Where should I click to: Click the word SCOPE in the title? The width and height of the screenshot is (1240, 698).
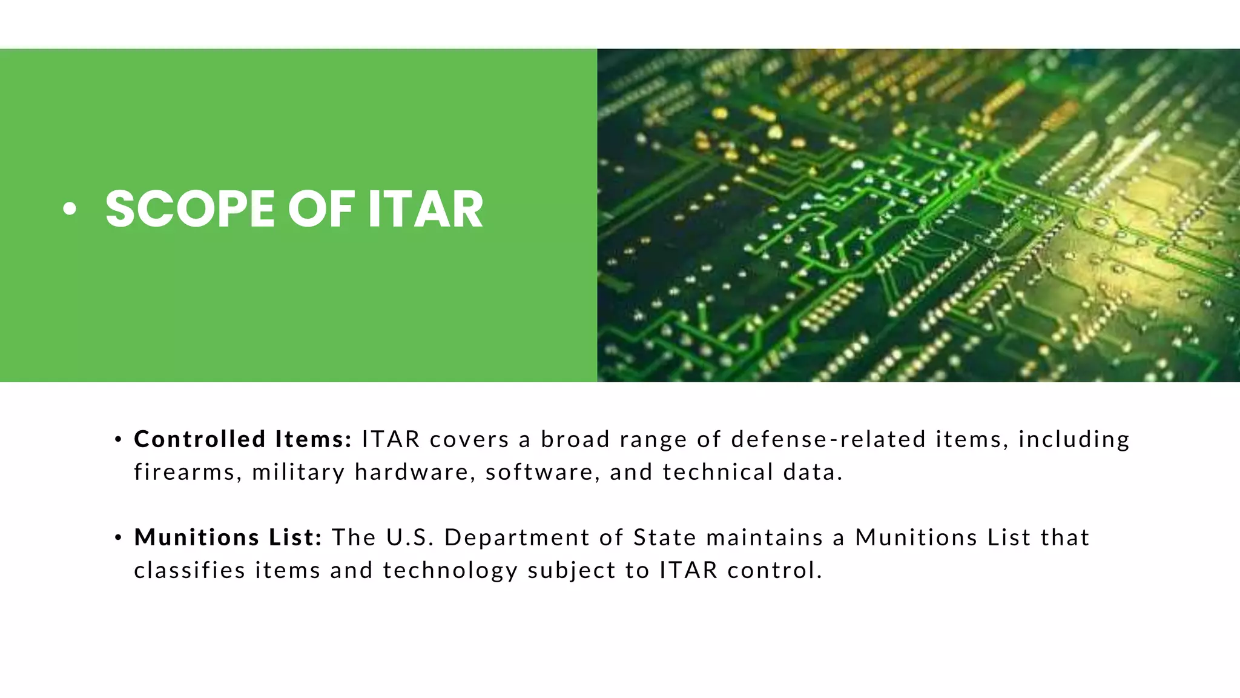point(190,209)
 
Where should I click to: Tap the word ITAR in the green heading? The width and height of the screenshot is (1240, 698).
point(425,209)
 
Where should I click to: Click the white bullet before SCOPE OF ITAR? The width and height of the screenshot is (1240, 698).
point(70,209)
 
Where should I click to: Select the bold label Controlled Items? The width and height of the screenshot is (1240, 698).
point(243,439)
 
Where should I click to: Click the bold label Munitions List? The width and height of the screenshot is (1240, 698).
point(228,537)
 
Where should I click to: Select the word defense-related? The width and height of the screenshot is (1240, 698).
point(828,439)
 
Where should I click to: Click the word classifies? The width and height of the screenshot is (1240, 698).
point(190,570)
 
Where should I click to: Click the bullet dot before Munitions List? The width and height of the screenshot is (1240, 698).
point(119,537)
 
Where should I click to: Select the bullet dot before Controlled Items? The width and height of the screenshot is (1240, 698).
point(119,439)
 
